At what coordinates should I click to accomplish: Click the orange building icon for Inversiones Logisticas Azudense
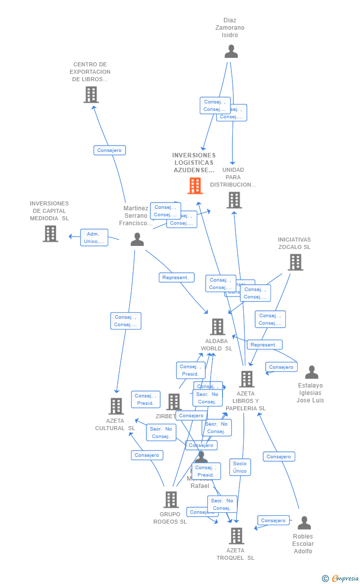click(195, 186)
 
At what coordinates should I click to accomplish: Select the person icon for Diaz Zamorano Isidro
click(231, 51)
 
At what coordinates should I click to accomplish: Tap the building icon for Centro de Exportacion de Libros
click(91, 95)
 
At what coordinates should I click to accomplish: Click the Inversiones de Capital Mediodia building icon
click(50, 234)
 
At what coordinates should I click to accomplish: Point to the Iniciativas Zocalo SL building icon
click(295, 262)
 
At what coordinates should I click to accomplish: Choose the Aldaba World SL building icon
click(218, 327)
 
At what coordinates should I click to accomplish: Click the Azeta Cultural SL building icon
click(116, 406)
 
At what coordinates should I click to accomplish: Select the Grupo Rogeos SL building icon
click(171, 499)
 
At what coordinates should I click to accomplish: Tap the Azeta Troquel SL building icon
click(236, 535)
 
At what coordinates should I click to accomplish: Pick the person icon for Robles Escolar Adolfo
click(304, 523)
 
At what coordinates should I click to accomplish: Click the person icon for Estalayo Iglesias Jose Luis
click(312, 372)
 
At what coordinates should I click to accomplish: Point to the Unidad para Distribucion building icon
click(234, 200)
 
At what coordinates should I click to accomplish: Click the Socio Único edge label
click(240, 467)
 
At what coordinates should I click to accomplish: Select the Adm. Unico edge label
click(94, 238)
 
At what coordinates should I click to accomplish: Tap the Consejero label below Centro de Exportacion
click(109, 150)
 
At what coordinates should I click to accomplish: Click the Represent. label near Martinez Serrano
click(176, 278)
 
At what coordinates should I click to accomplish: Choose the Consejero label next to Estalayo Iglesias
click(281, 367)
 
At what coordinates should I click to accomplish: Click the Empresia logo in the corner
click(341, 578)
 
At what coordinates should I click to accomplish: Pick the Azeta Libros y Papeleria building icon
click(246, 379)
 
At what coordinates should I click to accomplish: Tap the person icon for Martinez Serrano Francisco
click(137, 240)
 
